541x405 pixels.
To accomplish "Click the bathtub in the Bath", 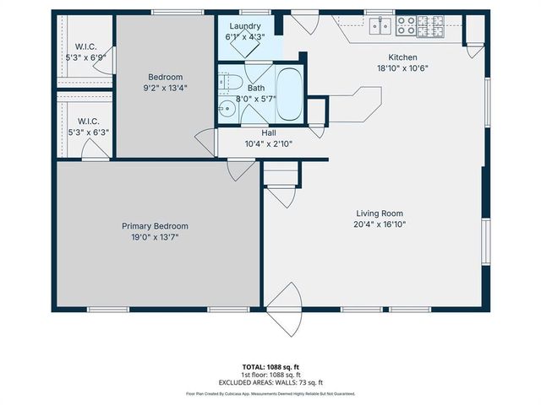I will tap(288, 95).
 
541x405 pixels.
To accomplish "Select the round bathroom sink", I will tap(227, 108).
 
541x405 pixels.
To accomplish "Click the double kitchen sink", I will tap(381, 27).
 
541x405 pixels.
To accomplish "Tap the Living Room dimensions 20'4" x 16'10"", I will tap(379, 224).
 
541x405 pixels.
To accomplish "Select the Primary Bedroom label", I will tap(155, 226).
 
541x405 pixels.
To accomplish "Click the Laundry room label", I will tap(243, 26).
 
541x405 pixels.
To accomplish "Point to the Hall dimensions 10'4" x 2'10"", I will tap(268, 143).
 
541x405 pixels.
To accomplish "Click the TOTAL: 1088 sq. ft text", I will tap(270, 367).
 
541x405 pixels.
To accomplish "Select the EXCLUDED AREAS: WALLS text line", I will tap(270, 382).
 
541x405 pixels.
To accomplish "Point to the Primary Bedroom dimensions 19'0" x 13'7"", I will tap(155, 237).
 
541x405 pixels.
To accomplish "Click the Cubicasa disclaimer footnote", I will tap(270, 393).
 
